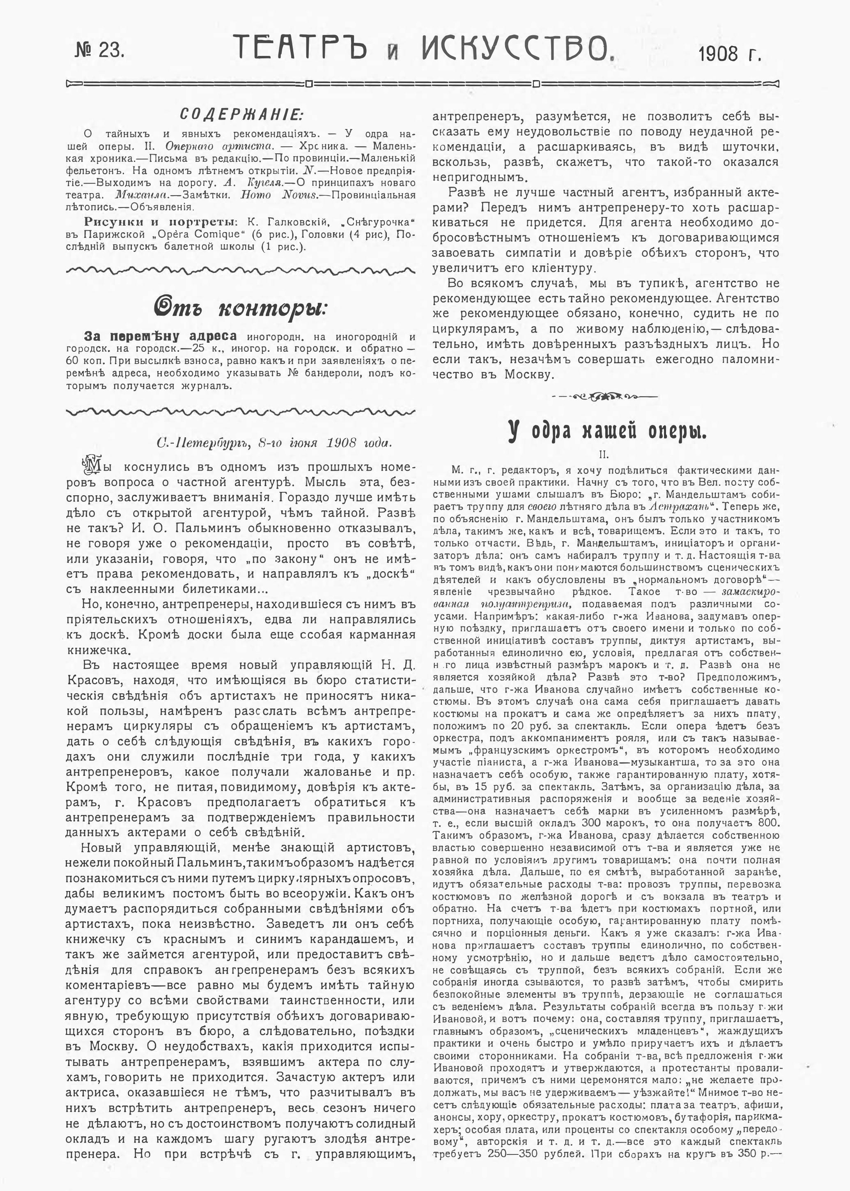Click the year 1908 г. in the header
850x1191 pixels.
(x=730, y=53)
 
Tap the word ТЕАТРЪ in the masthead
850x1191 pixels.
(x=306, y=48)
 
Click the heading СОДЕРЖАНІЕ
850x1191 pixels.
(x=241, y=114)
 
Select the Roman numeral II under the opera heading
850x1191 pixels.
(x=606, y=455)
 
